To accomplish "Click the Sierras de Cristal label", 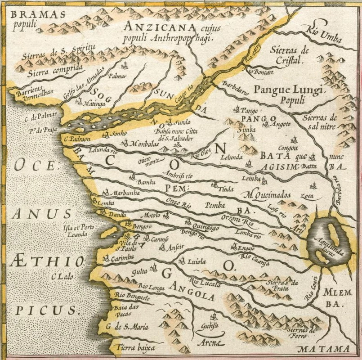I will pos(290,54).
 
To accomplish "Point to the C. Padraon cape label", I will pos(75,139).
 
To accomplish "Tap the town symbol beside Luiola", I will pos(181,261).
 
